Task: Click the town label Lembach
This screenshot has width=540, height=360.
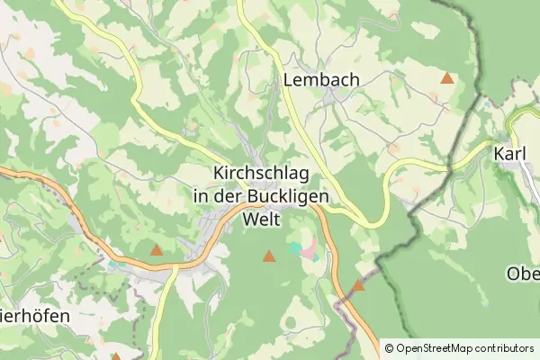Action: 320,80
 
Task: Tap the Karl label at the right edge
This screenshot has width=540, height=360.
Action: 510,154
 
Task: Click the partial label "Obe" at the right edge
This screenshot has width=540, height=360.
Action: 523,274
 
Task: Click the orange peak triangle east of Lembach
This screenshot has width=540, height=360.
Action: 447,78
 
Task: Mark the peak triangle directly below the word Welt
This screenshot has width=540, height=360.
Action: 268,256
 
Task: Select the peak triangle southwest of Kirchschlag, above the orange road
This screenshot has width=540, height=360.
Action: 157,250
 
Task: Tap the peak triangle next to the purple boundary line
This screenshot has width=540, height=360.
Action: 358,285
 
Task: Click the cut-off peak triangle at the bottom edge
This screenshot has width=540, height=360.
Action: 115,356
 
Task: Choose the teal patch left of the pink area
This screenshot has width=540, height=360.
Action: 295,246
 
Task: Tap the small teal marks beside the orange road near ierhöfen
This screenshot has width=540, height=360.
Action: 112,265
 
